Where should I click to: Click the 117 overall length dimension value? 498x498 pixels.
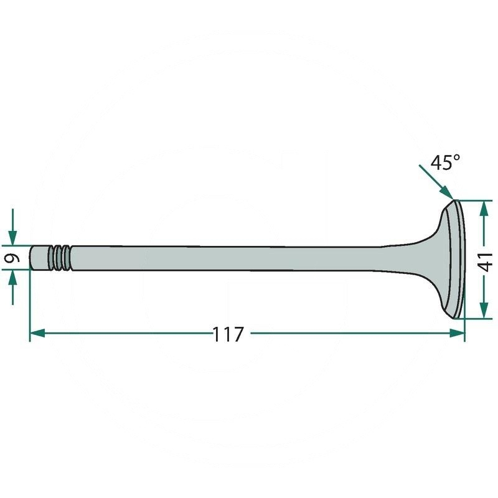228,334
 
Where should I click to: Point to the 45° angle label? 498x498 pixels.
446,163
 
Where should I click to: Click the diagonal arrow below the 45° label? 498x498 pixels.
438,183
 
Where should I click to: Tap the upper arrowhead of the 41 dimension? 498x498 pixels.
483,209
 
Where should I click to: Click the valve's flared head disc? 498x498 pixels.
453,258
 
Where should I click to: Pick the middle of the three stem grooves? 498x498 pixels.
59,258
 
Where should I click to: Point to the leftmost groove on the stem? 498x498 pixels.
53,258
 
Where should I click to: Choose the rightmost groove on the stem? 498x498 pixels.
65,258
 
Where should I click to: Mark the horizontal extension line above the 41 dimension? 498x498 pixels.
476,200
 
